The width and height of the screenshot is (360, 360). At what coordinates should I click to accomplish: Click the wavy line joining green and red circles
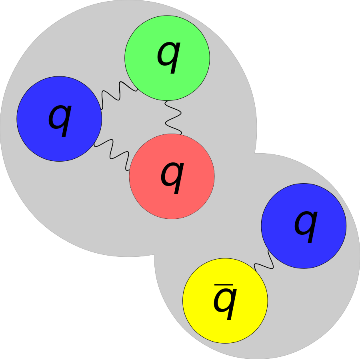(x=173, y=117)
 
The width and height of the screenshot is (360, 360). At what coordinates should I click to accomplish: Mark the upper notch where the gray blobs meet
(x=255, y=153)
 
